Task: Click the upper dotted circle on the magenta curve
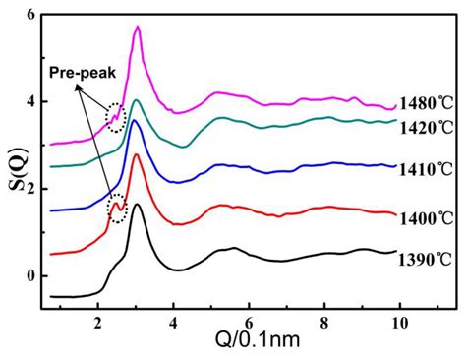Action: click(x=117, y=118)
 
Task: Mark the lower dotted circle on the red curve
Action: click(x=117, y=209)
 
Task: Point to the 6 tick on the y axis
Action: click(x=30, y=15)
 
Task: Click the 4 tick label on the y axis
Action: click(x=30, y=101)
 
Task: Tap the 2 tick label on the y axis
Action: click(x=30, y=189)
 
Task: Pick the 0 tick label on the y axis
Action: click(x=30, y=275)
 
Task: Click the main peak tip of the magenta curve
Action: click(x=138, y=27)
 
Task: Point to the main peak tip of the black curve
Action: click(x=137, y=205)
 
